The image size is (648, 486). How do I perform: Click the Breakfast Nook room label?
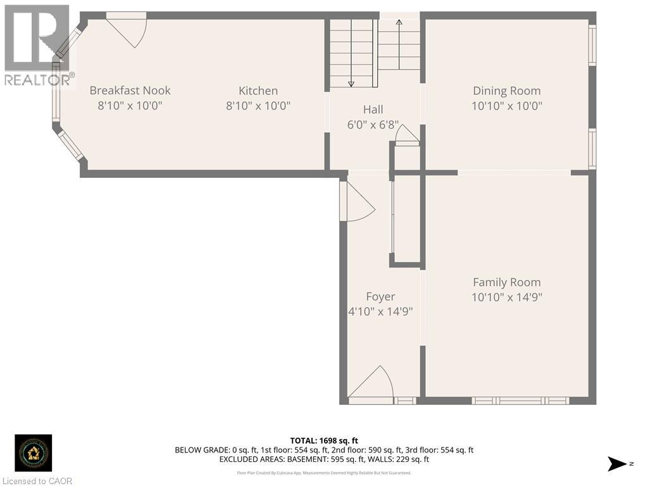130,90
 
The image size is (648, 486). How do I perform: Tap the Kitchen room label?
258,90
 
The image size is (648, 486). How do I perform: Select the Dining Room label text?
506,90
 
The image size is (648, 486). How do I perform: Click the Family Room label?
506,282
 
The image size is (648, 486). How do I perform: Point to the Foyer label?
380,296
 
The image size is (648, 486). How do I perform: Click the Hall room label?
373,109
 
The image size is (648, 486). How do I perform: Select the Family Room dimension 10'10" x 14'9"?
506,297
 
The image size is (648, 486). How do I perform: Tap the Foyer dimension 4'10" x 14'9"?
380,311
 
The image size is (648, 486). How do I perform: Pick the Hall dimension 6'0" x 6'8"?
373,125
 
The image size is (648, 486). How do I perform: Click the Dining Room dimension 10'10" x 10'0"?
506,106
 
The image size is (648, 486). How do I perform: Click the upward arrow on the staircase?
399,23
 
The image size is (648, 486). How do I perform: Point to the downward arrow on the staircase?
351,83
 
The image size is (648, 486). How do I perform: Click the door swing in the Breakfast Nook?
129,30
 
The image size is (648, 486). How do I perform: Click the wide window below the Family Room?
520,400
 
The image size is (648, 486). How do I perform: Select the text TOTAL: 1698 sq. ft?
324,440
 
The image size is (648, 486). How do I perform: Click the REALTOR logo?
37,44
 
